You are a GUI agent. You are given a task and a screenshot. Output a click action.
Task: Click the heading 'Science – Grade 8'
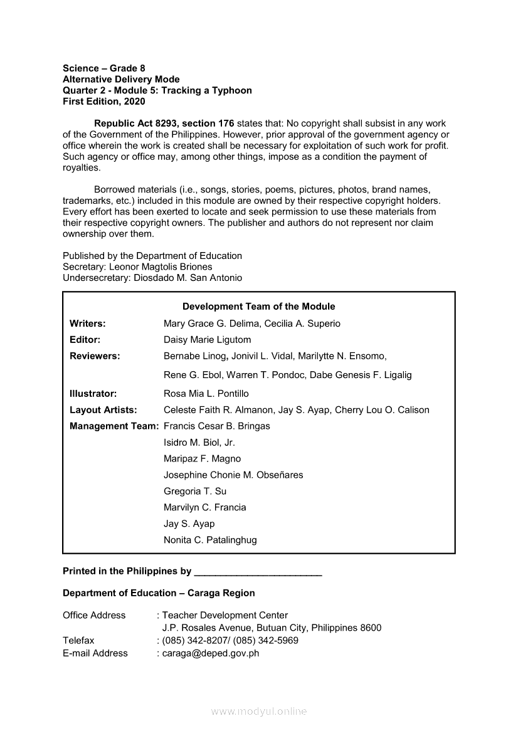tap(104, 68)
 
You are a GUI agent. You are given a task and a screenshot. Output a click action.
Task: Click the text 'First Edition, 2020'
tap(104, 102)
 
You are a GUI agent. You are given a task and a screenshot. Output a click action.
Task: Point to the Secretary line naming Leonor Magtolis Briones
tap(137, 266)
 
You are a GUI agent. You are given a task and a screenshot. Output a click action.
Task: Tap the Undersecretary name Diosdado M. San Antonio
tap(188, 278)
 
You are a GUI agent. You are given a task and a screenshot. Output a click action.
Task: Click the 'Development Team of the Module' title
tap(258, 307)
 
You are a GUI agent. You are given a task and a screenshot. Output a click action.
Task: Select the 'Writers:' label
tap(87, 324)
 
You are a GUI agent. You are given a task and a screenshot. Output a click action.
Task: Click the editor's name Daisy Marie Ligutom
tap(207, 340)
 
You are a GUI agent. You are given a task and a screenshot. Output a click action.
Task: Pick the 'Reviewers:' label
tap(95, 356)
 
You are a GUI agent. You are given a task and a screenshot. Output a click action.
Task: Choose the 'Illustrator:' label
tap(93, 394)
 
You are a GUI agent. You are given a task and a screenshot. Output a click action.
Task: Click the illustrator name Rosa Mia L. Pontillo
tap(206, 394)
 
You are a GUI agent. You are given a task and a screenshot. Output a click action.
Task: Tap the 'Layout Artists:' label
tap(103, 410)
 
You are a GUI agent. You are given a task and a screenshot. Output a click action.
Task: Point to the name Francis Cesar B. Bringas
tap(216, 426)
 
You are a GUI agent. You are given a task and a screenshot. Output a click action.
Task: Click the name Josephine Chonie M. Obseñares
tap(233, 475)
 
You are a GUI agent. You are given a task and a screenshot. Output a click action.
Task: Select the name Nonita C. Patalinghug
tap(210, 540)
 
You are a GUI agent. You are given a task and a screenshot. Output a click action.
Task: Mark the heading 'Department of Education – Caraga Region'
tap(159, 593)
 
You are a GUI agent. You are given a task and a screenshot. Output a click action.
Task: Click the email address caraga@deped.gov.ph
tap(211, 653)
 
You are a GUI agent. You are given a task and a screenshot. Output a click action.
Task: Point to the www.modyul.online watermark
tap(259, 712)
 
